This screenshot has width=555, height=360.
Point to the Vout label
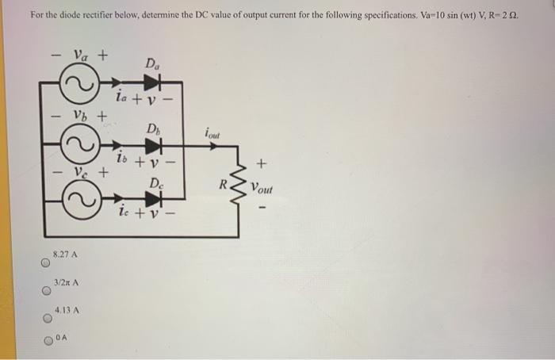262,190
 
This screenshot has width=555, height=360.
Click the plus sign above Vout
263,164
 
